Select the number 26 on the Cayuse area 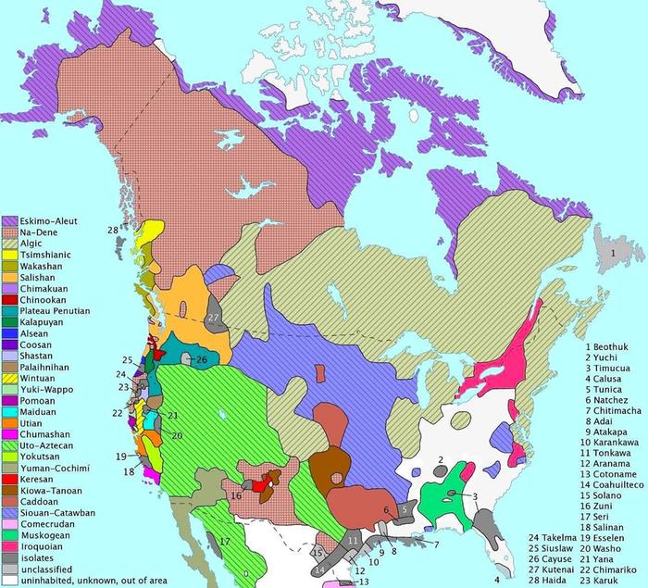[x=201, y=358]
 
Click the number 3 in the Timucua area [x=475, y=497]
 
